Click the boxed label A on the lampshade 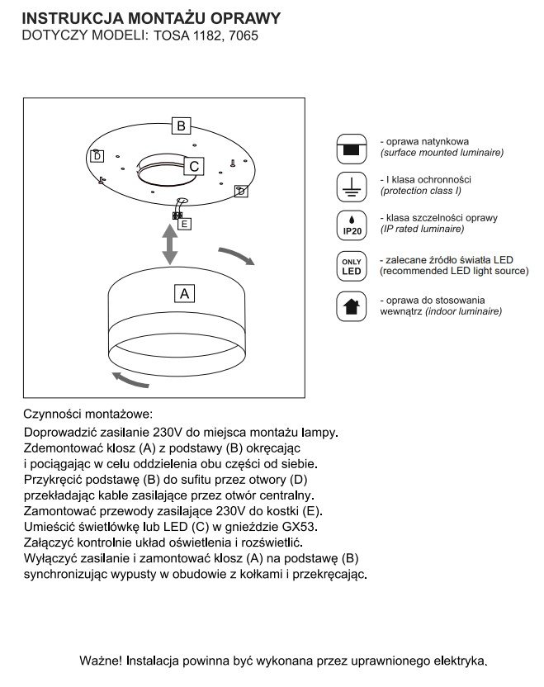(184, 292)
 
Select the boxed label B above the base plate (181, 126)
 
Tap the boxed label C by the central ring (193, 166)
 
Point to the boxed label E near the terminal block (184, 223)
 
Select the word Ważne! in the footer (102, 661)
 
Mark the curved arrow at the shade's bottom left (129, 378)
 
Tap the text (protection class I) (420, 191)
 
